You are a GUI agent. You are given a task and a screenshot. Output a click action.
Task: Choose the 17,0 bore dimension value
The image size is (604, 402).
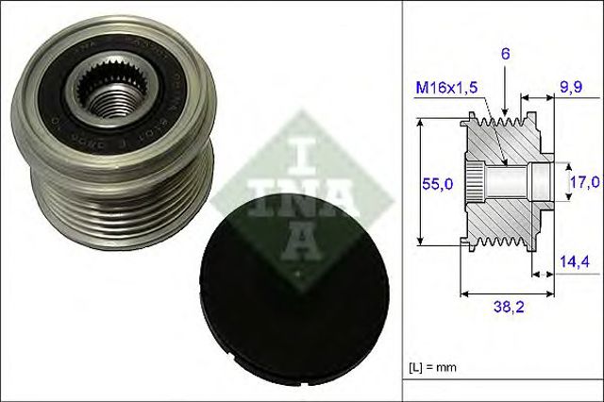583,181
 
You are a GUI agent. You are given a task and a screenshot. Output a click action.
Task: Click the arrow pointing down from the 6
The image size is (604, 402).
506,94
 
